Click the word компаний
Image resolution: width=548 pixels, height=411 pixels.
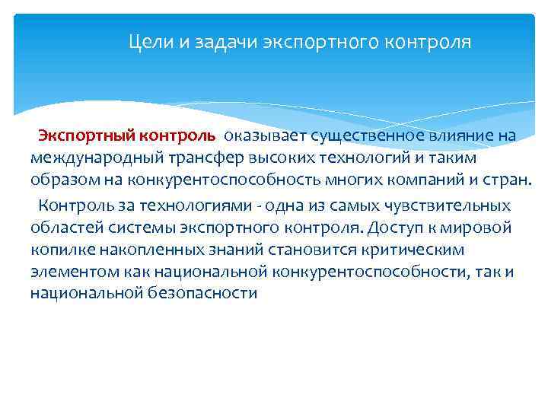coord(424,180)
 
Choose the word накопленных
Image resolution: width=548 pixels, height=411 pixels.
coord(139,249)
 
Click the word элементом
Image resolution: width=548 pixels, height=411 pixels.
coord(69,271)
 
